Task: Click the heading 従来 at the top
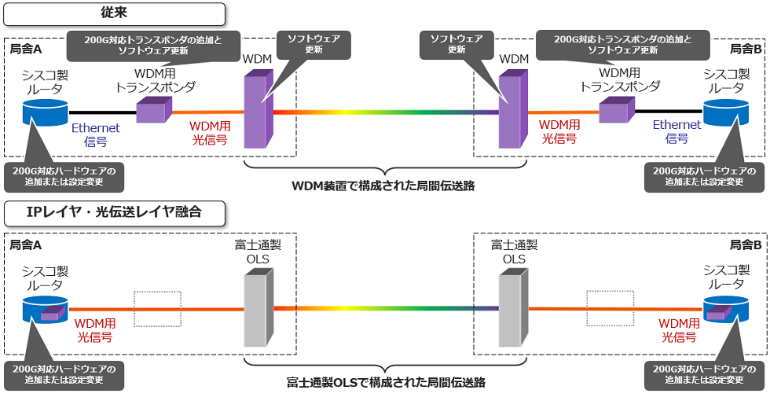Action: [x=114, y=13]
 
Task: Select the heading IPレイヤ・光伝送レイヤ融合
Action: [x=114, y=213]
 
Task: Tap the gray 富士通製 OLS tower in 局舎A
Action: [x=257, y=308]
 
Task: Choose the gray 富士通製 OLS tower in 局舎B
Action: [x=511, y=308]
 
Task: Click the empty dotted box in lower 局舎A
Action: [x=157, y=308]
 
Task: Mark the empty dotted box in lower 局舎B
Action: [x=610, y=308]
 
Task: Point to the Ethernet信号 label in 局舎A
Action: [x=95, y=132]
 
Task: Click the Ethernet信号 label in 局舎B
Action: [x=676, y=131]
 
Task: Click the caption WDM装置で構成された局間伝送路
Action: [x=383, y=186]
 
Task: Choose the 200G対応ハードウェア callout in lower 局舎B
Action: [x=704, y=375]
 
